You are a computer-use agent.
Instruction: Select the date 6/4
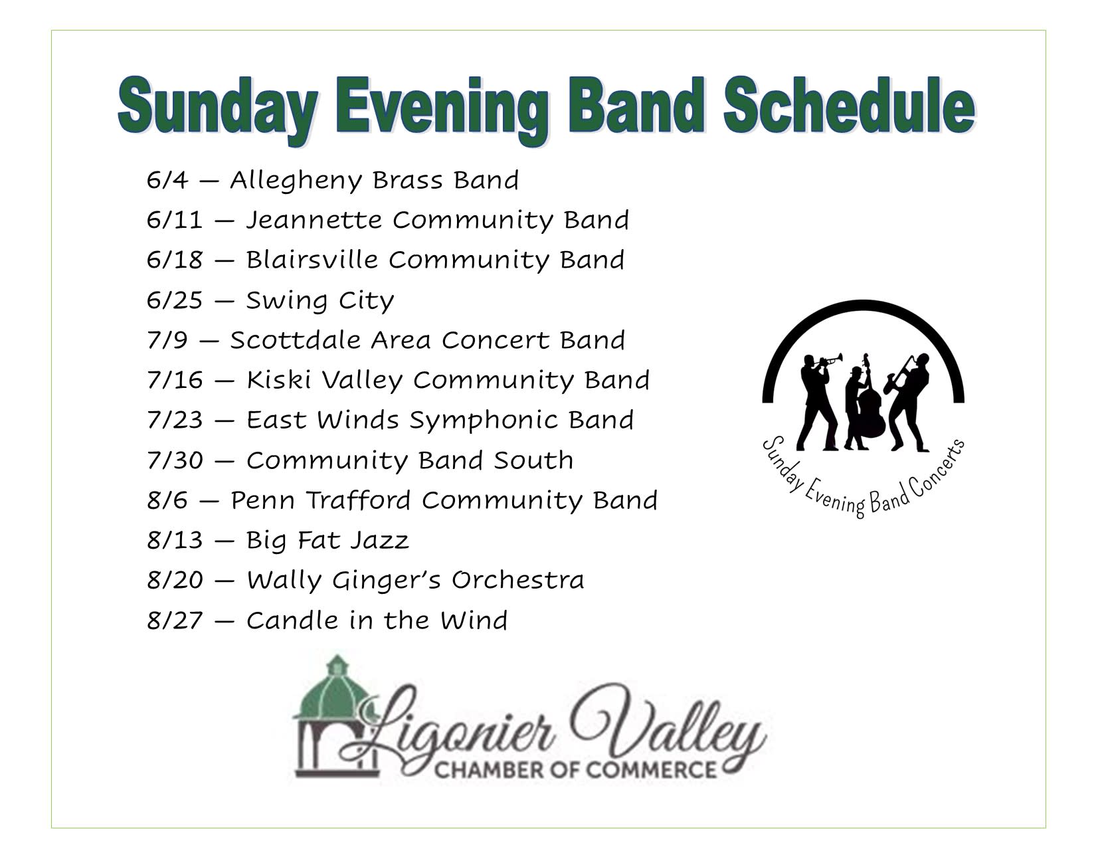[167, 180]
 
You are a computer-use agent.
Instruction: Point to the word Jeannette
[314, 221]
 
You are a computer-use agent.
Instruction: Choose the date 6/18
[175, 260]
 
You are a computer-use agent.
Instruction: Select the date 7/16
[175, 380]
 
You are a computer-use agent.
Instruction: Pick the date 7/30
[175, 460]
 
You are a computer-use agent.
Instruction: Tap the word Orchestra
[517, 580]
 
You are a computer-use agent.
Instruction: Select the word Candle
[292, 620]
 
